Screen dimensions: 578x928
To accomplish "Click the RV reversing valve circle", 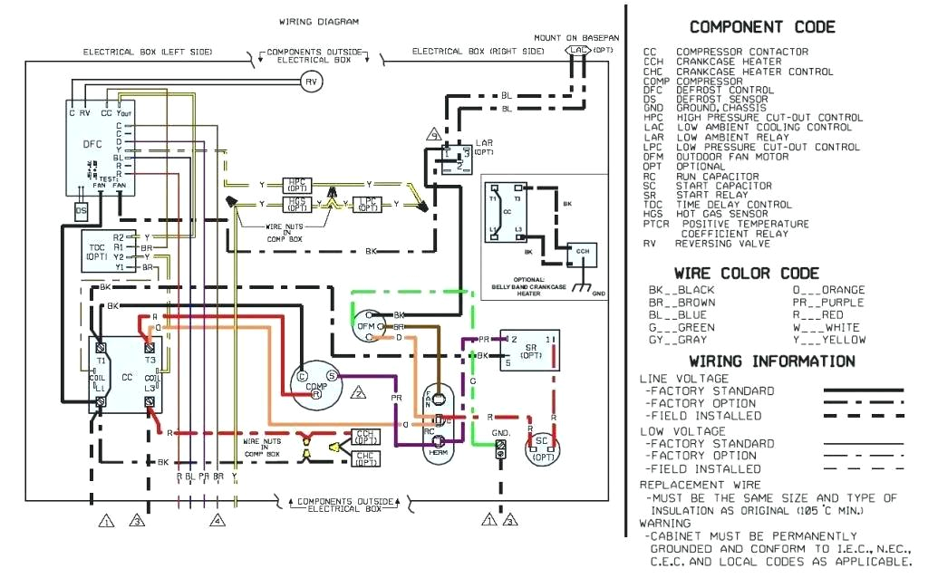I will [x=312, y=82].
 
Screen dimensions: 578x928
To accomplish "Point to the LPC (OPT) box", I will [x=366, y=204].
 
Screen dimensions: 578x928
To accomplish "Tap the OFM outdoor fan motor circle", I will [x=365, y=325].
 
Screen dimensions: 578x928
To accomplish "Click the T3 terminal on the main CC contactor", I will [x=150, y=360].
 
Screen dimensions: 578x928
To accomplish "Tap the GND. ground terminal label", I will [x=501, y=434].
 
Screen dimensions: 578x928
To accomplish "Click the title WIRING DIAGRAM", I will [x=318, y=21].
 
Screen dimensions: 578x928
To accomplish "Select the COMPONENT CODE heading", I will [x=762, y=27].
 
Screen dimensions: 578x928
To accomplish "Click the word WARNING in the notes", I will [x=665, y=523].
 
